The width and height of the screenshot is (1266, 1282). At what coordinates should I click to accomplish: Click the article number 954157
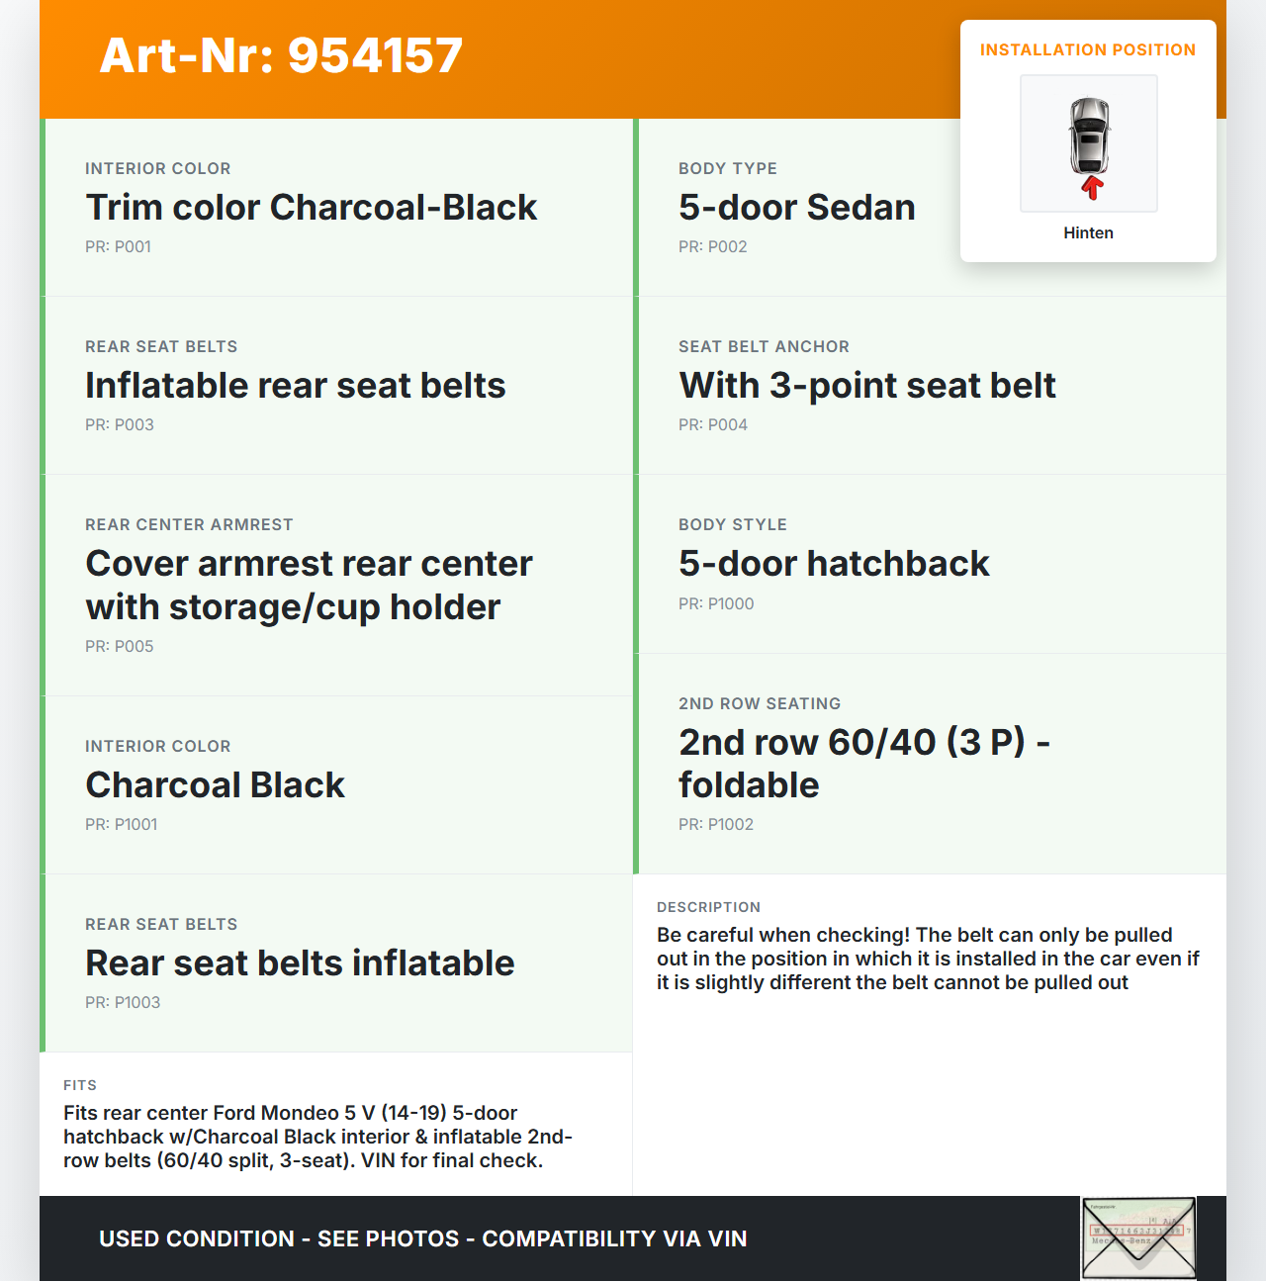point(375,55)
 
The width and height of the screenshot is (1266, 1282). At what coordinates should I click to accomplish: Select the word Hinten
point(1088,233)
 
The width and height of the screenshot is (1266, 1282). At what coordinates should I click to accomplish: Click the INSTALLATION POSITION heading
point(1087,50)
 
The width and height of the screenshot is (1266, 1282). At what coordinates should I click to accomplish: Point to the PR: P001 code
point(118,247)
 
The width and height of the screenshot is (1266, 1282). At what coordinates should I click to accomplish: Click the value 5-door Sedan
point(796,208)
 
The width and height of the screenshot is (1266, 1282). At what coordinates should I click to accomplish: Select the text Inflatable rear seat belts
point(295,386)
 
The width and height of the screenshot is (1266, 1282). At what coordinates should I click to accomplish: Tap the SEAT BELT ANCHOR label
point(764,347)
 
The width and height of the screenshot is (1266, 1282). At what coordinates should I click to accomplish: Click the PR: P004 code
point(712,425)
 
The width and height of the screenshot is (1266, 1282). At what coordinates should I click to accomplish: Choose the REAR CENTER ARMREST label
point(189,525)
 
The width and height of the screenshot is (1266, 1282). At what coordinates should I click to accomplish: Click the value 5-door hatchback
point(833,564)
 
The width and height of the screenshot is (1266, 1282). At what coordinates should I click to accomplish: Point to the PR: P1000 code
point(715,604)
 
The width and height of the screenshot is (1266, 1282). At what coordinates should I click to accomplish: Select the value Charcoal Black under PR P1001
point(215,785)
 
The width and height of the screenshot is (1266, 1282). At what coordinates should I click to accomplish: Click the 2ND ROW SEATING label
point(759,704)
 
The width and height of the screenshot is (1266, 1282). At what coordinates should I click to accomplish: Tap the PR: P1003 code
point(122,1003)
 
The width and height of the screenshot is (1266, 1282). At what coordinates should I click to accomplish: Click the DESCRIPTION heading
point(708,908)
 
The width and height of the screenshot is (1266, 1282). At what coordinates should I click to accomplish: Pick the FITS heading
point(79,1086)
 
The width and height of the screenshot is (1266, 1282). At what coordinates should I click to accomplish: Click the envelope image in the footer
point(1138,1238)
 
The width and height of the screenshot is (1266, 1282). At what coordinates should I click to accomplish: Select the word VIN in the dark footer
point(727,1239)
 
